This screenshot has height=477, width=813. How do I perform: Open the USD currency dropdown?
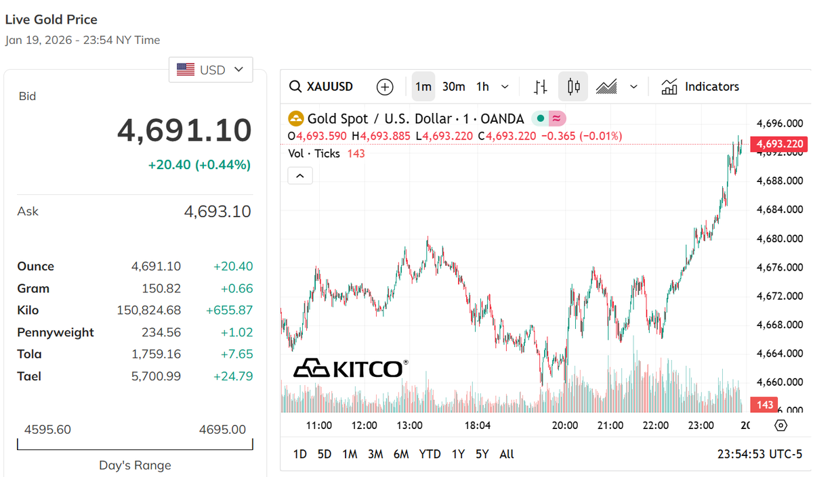(210, 70)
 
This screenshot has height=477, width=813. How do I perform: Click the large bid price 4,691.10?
(184, 130)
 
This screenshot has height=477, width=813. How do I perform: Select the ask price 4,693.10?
(217, 212)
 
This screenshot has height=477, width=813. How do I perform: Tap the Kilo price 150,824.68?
(149, 311)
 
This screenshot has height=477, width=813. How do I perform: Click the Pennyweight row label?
(56, 332)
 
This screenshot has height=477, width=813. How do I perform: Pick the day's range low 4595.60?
(47, 430)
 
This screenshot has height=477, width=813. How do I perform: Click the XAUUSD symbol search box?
(322, 87)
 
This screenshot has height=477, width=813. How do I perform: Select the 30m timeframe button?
(453, 87)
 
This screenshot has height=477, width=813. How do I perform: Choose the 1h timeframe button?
(482, 87)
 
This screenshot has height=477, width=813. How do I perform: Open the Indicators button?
(701, 87)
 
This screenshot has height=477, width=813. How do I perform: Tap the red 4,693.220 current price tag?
(780, 143)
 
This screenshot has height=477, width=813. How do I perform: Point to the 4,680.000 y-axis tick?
(779, 238)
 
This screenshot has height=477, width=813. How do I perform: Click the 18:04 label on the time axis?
(477, 426)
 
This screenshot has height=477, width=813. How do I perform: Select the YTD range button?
(430, 454)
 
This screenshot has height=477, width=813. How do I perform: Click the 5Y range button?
(482, 454)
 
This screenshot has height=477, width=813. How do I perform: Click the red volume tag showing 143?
(764, 405)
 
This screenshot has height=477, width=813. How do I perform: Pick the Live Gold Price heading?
(51, 20)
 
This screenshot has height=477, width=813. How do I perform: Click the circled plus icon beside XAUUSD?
(385, 87)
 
